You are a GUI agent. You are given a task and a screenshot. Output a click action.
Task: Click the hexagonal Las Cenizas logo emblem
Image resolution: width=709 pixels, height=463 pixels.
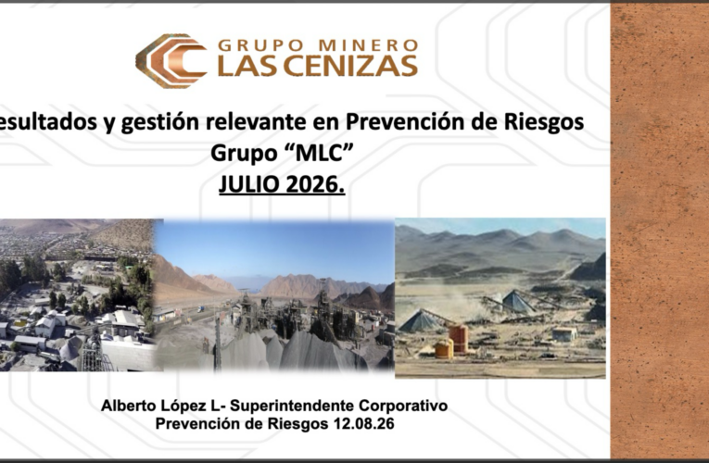click(171, 60)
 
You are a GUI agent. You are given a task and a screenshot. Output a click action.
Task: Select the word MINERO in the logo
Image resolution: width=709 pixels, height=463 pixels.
click(368, 45)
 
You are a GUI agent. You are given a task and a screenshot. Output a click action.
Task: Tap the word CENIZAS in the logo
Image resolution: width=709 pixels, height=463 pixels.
click(350, 66)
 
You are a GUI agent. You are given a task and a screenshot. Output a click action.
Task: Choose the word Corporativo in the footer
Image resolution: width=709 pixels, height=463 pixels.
click(403, 407)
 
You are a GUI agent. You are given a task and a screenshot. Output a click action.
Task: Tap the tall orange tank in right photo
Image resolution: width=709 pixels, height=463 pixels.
click(458, 338)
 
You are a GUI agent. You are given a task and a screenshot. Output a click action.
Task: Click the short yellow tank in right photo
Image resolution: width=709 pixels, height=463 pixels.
click(444, 349)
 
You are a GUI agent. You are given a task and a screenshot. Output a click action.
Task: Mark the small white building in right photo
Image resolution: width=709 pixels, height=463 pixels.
click(564, 333)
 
